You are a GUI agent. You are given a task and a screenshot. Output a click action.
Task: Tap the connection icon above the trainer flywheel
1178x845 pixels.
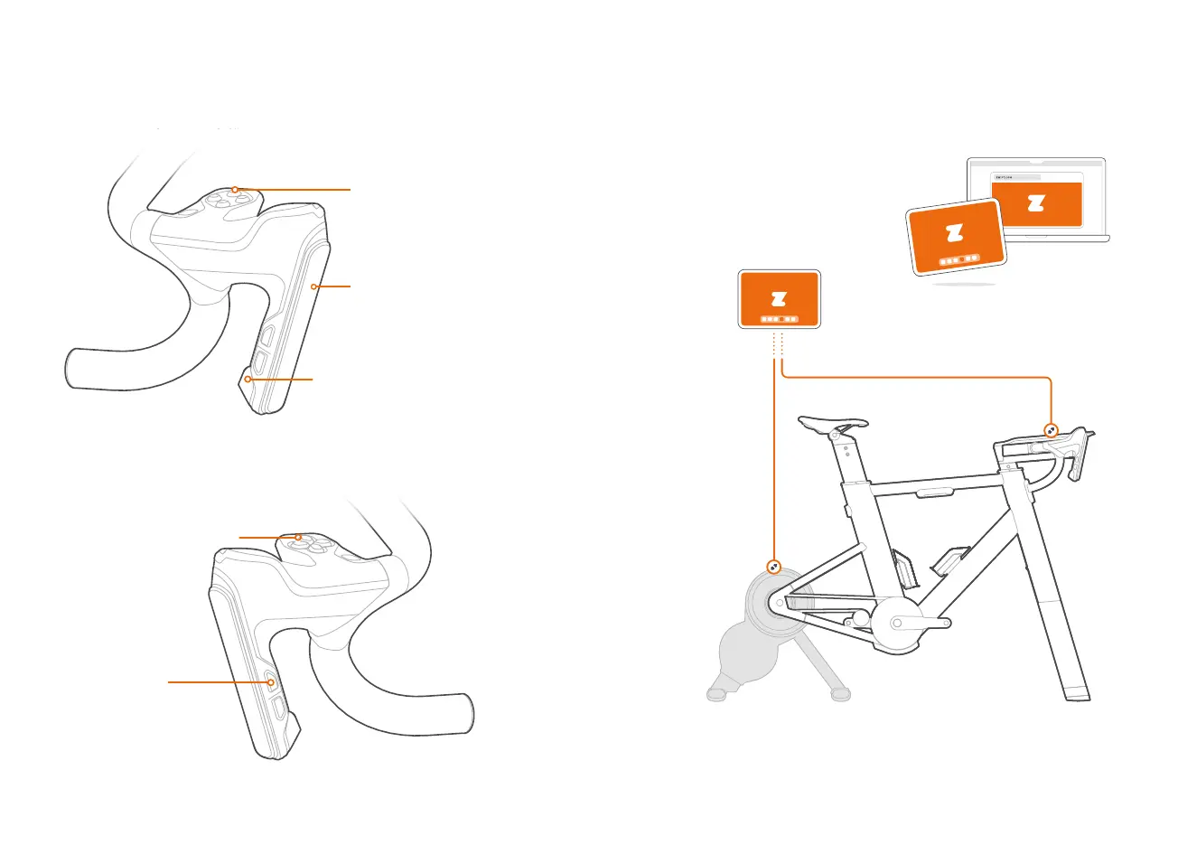click(x=774, y=567)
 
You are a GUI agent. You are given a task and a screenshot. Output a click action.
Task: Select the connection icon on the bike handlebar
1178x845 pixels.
click(x=1052, y=430)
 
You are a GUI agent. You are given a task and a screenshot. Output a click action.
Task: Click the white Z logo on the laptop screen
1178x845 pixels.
click(x=1035, y=203)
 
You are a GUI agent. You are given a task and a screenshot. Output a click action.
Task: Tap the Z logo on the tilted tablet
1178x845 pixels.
click(x=955, y=233)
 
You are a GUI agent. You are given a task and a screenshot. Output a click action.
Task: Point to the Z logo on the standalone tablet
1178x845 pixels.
click(x=779, y=298)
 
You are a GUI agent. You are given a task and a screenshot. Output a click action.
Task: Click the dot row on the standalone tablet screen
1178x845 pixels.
click(x=779, y=319)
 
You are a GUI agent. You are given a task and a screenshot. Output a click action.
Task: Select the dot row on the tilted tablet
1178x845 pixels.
click(x=958, y=259)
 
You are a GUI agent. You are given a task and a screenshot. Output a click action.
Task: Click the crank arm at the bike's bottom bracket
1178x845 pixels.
click(x=921, y=623)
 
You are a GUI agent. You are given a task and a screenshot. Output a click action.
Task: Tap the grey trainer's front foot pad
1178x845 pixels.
click(x=715, y=694)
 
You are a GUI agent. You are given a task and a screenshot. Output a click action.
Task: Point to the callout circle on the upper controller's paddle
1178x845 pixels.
click(x=313, y=286)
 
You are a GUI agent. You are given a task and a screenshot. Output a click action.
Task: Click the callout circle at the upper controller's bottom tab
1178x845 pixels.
click(x=247, y=380)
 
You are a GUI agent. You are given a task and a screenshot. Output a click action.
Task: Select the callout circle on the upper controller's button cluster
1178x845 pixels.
click(x=234, y=190)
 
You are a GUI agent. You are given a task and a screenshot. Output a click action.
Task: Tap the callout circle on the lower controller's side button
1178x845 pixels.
click(x=269, y=682)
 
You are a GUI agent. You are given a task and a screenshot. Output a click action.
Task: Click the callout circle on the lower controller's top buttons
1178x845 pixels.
click(x=297, y=538)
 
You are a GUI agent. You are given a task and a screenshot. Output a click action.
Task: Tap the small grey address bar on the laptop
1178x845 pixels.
click(x=1016, y=177)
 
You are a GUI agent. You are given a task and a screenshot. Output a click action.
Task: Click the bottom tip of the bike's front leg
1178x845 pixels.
click(x=1077, y=695)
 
